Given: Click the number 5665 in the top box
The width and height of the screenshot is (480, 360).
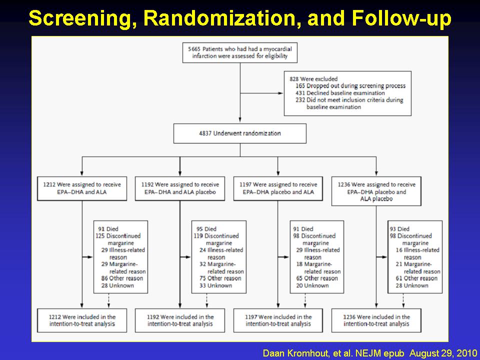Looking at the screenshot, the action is pos(194,49).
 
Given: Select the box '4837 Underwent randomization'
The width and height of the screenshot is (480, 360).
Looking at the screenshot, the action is pos(240,133).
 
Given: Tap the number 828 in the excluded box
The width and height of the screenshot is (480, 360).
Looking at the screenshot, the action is pos(294,79).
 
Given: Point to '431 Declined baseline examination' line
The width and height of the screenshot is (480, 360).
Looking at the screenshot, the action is pos(340,93).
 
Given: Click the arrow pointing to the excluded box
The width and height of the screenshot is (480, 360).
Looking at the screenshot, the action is pos(261,93).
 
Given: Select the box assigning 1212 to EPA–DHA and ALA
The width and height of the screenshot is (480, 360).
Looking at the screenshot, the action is pos(82,188).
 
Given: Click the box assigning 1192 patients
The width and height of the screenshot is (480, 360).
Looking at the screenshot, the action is pos(180,188).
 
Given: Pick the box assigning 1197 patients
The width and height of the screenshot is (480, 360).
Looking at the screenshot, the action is pos(278,188).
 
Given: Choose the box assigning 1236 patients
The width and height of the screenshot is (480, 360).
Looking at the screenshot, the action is pos(376,191).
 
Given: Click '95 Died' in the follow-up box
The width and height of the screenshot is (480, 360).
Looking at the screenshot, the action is pos(206,229).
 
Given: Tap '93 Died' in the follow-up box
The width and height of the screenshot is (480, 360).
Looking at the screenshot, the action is pos(399,229).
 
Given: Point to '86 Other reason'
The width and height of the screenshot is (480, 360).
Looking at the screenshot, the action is pos(122,278).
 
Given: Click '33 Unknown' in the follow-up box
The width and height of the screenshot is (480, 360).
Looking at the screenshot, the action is pos(215,285).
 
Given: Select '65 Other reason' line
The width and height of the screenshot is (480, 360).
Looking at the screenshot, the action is pos(317,278).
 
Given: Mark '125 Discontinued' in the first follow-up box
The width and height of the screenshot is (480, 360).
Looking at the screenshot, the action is pos(118,236).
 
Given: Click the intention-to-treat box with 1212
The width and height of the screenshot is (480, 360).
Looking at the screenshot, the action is pos(82,320).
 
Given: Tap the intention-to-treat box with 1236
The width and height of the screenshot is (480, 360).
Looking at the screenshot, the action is pos(376,320).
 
